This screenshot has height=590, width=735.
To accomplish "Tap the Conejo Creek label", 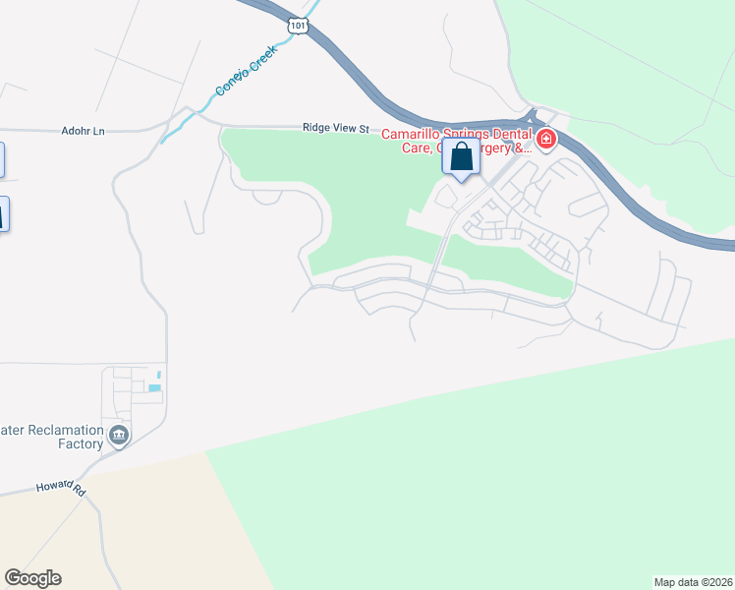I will [x=246, y=75].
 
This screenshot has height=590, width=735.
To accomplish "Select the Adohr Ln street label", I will [x=83, y=131].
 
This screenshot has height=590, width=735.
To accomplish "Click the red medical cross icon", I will [x=545, y=141].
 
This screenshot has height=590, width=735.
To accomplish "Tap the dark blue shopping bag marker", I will [x=462, y=158].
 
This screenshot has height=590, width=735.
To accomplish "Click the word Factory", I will [x=80, y=443].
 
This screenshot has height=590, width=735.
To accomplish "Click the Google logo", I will [x=32, y=578].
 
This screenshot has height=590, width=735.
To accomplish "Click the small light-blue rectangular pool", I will [x=154, y=388].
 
